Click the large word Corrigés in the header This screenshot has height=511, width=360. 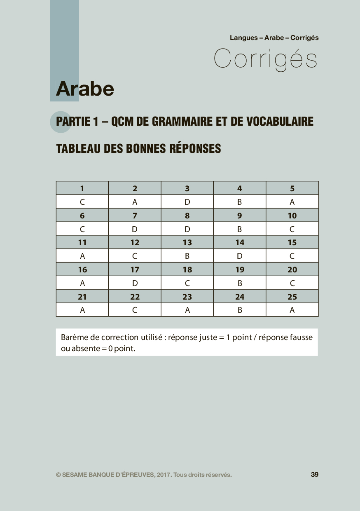(x=265, y=59)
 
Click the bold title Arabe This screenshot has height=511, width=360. (x=85, y=89)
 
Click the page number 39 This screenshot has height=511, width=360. (x=314, y=474)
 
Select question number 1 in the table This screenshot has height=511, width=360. (x=82, y=188)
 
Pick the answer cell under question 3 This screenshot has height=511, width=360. (x=187, y=202)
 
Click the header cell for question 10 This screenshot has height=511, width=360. (x=292, y=216)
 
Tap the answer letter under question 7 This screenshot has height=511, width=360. (x=135, y=229)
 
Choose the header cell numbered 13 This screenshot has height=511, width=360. (x=187, y=243)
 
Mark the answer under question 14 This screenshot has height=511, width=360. (x=240, y=256)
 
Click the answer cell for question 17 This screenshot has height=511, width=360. (x=135, y=283)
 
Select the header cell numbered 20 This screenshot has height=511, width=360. (x=292, y=270)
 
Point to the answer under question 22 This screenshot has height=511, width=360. (x=135, y=310)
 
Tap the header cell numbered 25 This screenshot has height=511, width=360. (x=292, y=297)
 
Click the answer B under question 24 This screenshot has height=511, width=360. (x=240, y=310)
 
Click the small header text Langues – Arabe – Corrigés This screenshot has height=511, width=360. (x=274, y=38)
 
